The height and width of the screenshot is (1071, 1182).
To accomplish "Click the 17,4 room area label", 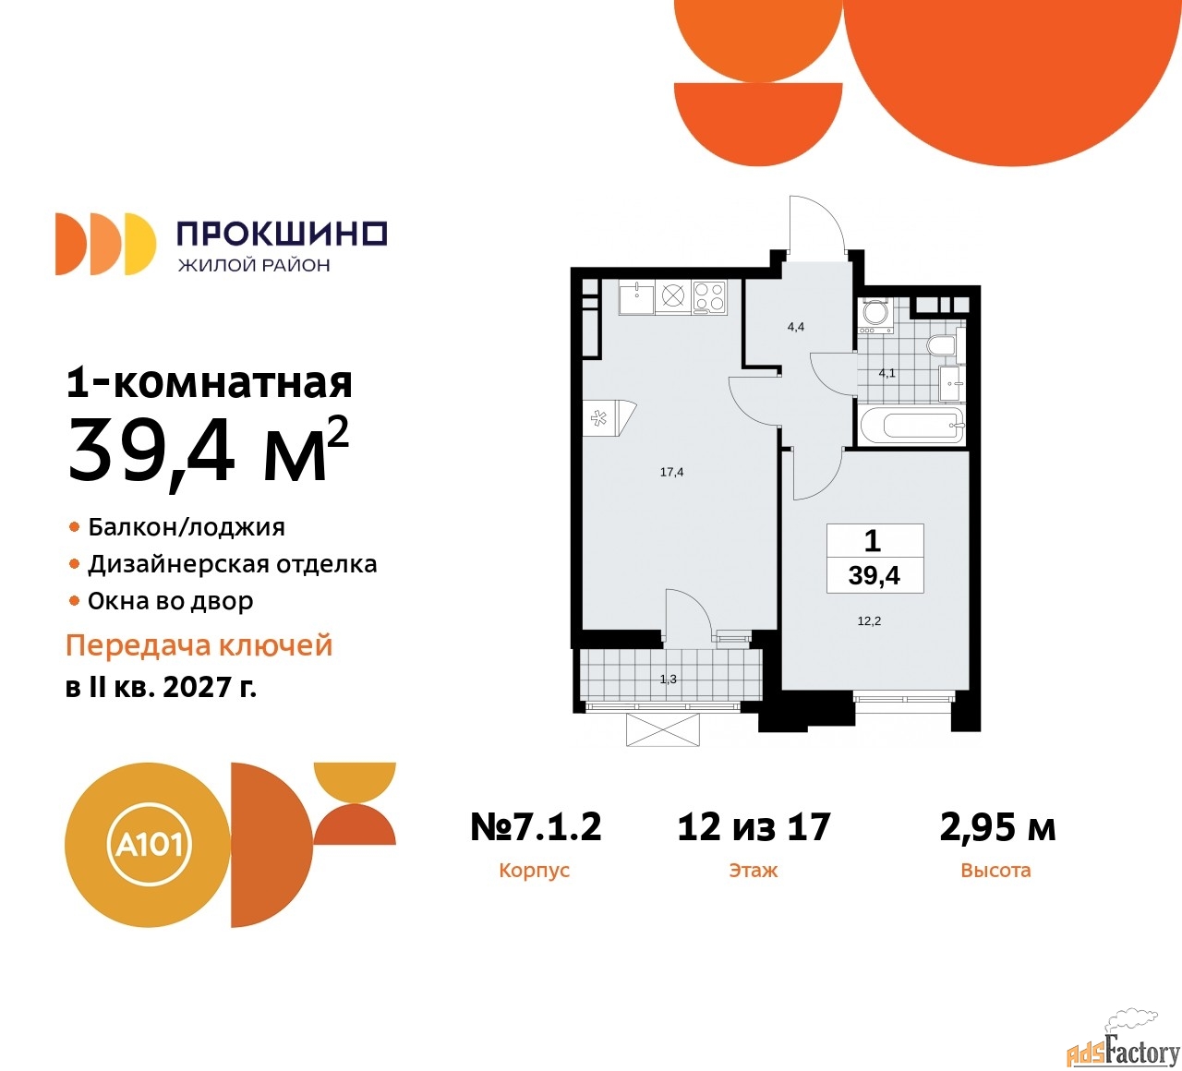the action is click(671, 472).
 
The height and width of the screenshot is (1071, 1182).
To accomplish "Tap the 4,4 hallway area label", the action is click(795, 327).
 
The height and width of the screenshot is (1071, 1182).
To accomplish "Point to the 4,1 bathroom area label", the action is click(886, 373).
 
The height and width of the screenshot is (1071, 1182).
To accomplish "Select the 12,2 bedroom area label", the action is click(869, 620).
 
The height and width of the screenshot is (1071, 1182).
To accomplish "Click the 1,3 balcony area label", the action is click(668, 679).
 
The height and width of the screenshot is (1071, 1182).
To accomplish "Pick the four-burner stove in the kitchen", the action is click(709, 297).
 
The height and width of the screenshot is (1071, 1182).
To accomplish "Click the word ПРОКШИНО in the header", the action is click(283, 234).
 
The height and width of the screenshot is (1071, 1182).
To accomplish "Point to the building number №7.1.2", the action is click(536, 826).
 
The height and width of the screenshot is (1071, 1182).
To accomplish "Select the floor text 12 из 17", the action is click(754, 826).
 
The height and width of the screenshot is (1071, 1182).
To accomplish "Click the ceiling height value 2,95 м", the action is click(997, 827).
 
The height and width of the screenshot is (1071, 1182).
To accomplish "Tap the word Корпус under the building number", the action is click(535, 870).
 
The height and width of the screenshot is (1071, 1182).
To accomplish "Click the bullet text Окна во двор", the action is click(170, 601).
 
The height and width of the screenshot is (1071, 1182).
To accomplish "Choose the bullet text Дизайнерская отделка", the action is click(232, 564).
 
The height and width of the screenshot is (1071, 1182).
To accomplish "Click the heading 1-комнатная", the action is click(210, 383).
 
